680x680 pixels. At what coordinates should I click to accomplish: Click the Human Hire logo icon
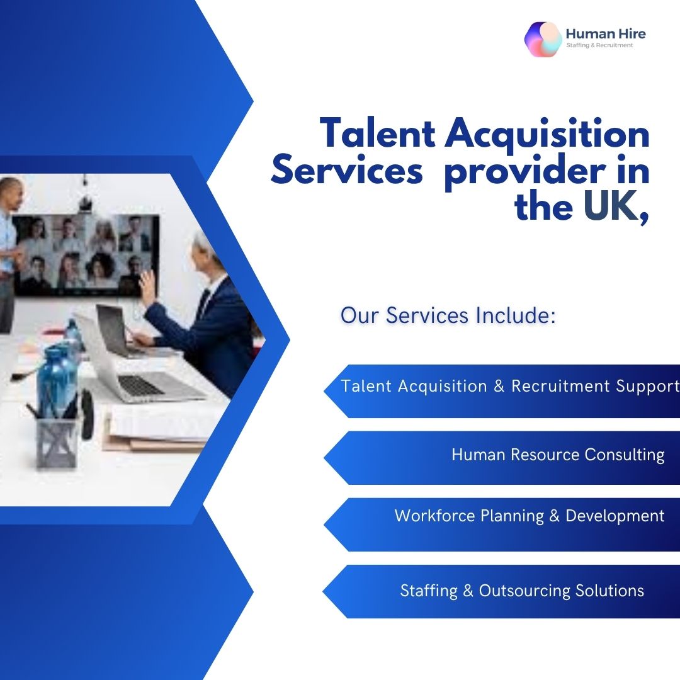(543, 40)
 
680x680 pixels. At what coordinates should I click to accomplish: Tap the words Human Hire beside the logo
(606, 34)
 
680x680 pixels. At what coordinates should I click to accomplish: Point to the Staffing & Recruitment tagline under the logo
(599, 45)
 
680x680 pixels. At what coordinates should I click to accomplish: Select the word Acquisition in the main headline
(547, 135)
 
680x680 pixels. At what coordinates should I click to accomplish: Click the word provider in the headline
(525, 172)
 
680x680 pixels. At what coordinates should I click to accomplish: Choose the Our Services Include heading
(448, 315)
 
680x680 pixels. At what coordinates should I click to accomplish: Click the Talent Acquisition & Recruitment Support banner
(502, 391)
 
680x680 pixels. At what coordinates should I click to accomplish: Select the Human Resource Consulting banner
(502, 458)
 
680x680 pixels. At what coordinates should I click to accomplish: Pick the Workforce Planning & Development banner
(502, 524)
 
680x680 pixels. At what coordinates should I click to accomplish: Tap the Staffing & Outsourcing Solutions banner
(501, 591)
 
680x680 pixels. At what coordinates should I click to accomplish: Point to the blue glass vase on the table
(57, 380)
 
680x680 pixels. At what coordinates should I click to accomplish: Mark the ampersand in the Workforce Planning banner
(554, 516)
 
